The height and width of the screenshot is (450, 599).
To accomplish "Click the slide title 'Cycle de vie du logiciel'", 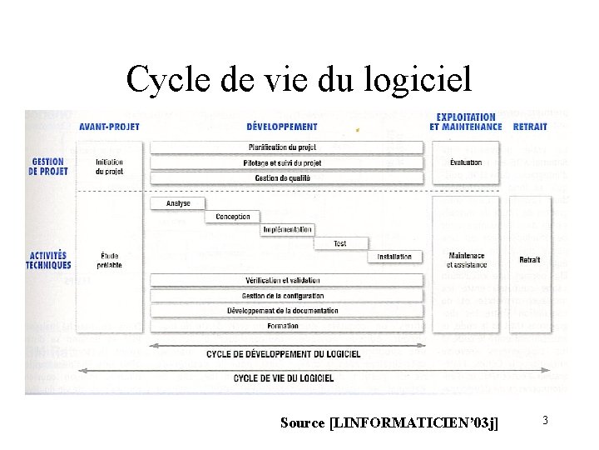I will [x=299, y=79].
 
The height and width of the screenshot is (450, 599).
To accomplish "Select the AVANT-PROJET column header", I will [x=109, y=127].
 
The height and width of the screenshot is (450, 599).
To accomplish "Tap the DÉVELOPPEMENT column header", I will [x=282, y=127].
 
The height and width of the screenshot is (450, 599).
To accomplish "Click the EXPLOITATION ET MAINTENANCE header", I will [x=466, y=122].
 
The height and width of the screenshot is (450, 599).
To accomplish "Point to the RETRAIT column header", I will [x=530, y=127].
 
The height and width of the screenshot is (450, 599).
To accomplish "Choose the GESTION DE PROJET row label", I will [x=48, y=166].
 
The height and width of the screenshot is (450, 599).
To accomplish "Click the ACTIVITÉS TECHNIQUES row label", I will [x=48, y=260].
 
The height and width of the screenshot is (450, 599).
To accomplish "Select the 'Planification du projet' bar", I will [x=286, y=147].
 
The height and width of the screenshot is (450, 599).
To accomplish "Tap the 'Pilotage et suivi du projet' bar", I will [x=286, y=162].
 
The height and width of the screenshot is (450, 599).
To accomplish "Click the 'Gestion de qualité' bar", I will [x=286, y=177].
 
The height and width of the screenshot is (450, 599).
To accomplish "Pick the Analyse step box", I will [x=178, y=203].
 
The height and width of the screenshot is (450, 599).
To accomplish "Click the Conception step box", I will [x=232, y=217].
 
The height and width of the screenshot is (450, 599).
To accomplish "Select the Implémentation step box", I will [x=287, y=230].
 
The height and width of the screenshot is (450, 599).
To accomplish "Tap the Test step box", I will [x=340, y=243].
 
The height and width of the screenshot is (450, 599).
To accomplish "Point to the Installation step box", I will [x=394, y=257].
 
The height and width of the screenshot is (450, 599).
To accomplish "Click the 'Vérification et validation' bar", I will [x=286, y=281].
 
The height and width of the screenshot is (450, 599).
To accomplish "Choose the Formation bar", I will [x=286, y=326].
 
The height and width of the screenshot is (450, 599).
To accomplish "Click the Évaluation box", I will [x=466, y=162].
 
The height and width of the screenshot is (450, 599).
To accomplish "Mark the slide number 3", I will [x=545, y=421].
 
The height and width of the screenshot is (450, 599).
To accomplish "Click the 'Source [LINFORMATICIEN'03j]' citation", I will [x=390, y=423].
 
